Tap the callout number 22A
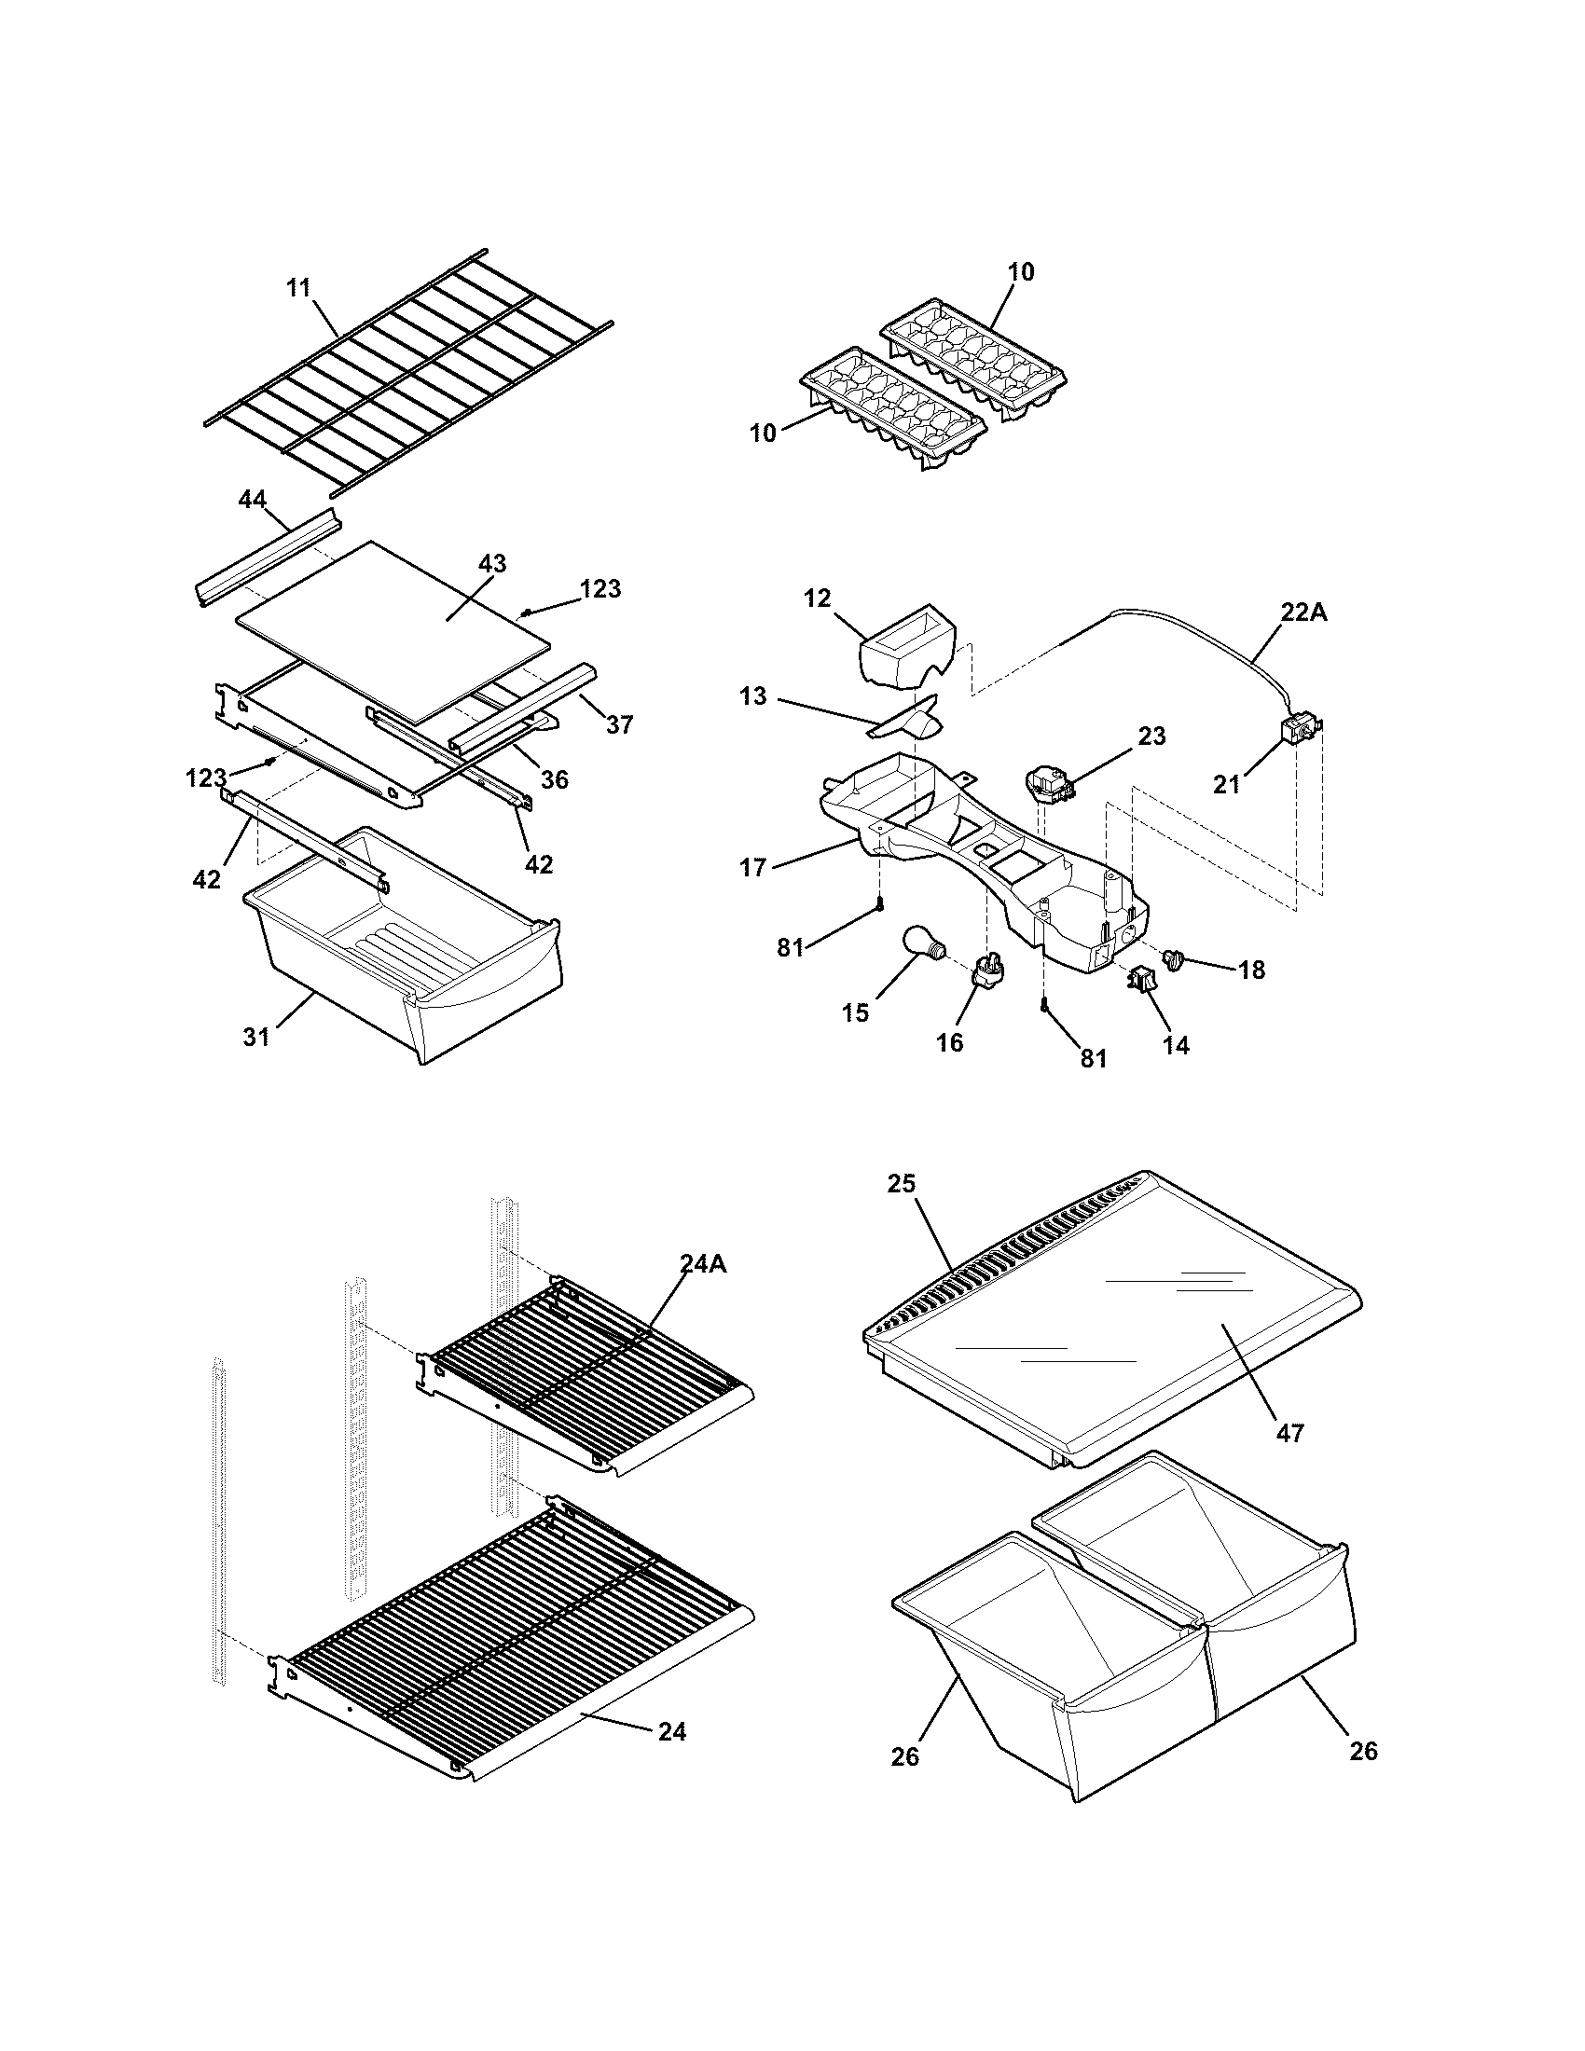click(1304, 612)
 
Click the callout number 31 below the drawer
click(256, 1037)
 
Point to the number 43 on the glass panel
click(492, 563)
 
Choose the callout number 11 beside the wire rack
click(298, 287)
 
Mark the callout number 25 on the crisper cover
click(902, 1184)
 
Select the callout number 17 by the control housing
click(753, 867)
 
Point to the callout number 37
click(619, 724)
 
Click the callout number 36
click(555, 778)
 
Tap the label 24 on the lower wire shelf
click(672, 1732)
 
